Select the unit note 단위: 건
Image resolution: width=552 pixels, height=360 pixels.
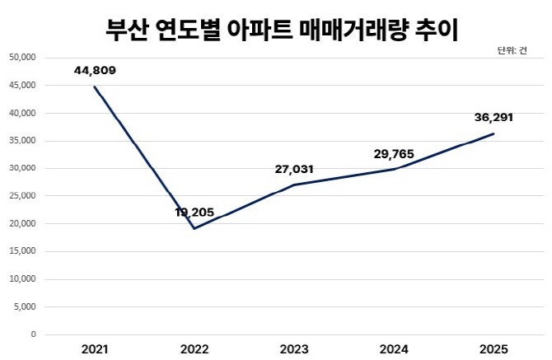coord(512,51)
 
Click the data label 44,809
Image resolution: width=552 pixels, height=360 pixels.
coord(94,70)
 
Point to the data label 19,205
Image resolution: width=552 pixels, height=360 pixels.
coord(194,213)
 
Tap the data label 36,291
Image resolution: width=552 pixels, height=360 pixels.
coord(494,117)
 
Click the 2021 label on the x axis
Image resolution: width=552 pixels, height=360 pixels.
coord(95,348)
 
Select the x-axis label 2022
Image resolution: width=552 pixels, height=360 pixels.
coord(194,348)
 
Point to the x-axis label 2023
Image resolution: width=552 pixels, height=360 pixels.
coord(294,348)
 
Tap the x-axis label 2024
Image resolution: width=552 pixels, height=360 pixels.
coord(394,348)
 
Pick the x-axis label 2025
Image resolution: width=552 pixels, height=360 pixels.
coord(494,348)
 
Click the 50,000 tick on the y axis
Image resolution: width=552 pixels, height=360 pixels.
coord(21,58)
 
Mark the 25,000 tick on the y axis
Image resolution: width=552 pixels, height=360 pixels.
coord(21,196)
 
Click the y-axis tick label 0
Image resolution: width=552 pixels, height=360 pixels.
coord(33,334)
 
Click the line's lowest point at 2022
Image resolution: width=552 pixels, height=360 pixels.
coord(194,228)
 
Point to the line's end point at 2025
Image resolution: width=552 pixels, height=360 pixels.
coord(494,133)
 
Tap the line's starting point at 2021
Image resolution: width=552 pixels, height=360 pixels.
coord(95,86)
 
